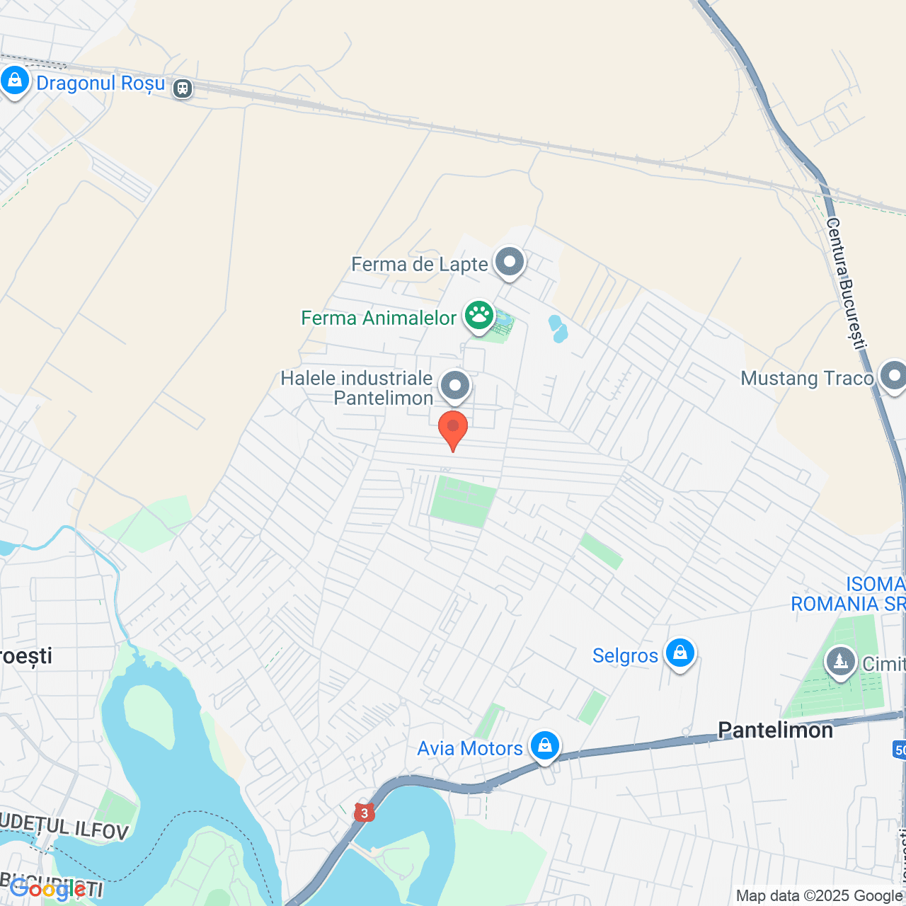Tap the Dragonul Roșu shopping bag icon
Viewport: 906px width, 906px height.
point(14,81)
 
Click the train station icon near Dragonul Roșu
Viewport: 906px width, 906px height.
point(183,88)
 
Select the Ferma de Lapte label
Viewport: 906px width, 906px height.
point(420,265)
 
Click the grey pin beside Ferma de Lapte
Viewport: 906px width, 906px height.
point(510,263)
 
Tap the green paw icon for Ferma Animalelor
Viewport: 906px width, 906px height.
point(479,316)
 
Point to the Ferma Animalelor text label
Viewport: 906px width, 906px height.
point(379,319)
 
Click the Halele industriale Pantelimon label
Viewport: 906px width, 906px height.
point(357,388)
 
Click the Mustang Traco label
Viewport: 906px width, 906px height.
point(807,379)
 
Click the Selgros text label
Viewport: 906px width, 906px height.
point(625,656)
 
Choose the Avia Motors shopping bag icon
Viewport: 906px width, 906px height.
point(544,746)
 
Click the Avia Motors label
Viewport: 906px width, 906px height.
point(470,749)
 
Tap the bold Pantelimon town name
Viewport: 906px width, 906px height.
point(775,730)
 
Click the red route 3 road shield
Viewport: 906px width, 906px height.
point(364,813)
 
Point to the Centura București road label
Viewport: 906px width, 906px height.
point(846,284)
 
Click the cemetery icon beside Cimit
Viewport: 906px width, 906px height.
point(840,663)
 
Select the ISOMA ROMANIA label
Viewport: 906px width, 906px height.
point(848,594)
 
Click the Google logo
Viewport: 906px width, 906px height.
point(47,889)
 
